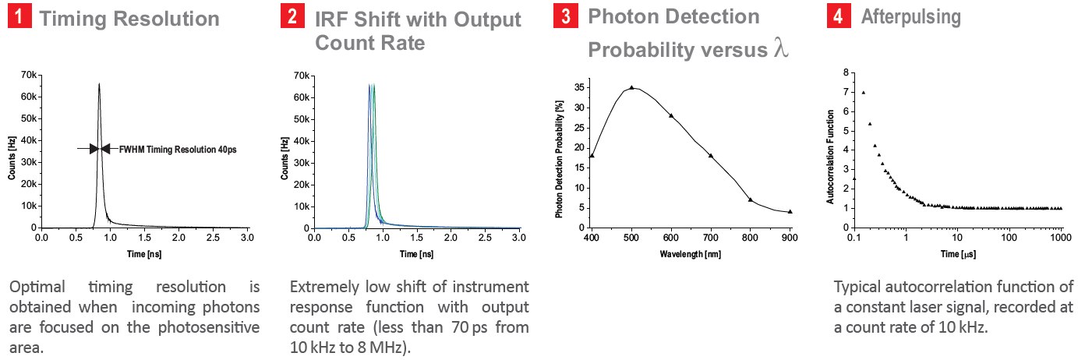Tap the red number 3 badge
pyautogui.click(x=564, y=17)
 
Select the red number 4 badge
pyautogui.click(x=837, y=17)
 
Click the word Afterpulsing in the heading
pyautogui.click(x=910, y=17)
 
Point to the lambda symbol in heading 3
pyautogui.click(x=781, y=49)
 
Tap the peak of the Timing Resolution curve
pyautogui.click(x=99, y=83)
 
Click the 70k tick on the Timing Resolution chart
pyautogui.click(x=29, y=75)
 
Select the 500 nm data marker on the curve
pyautogui.click(x=631, y=88)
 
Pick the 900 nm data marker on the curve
pyautogui.click(x=790, y=211)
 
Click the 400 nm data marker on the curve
pyautogui.click(x=592, y=156)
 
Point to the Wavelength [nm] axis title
pyautogui.click(x=691, y=254)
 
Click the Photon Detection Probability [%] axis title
pyautogui.click(x=559, y=157)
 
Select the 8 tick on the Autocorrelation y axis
pyautogui.click(x=845, y=72)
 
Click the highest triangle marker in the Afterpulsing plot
pyautogui.click(x=863, y=92)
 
